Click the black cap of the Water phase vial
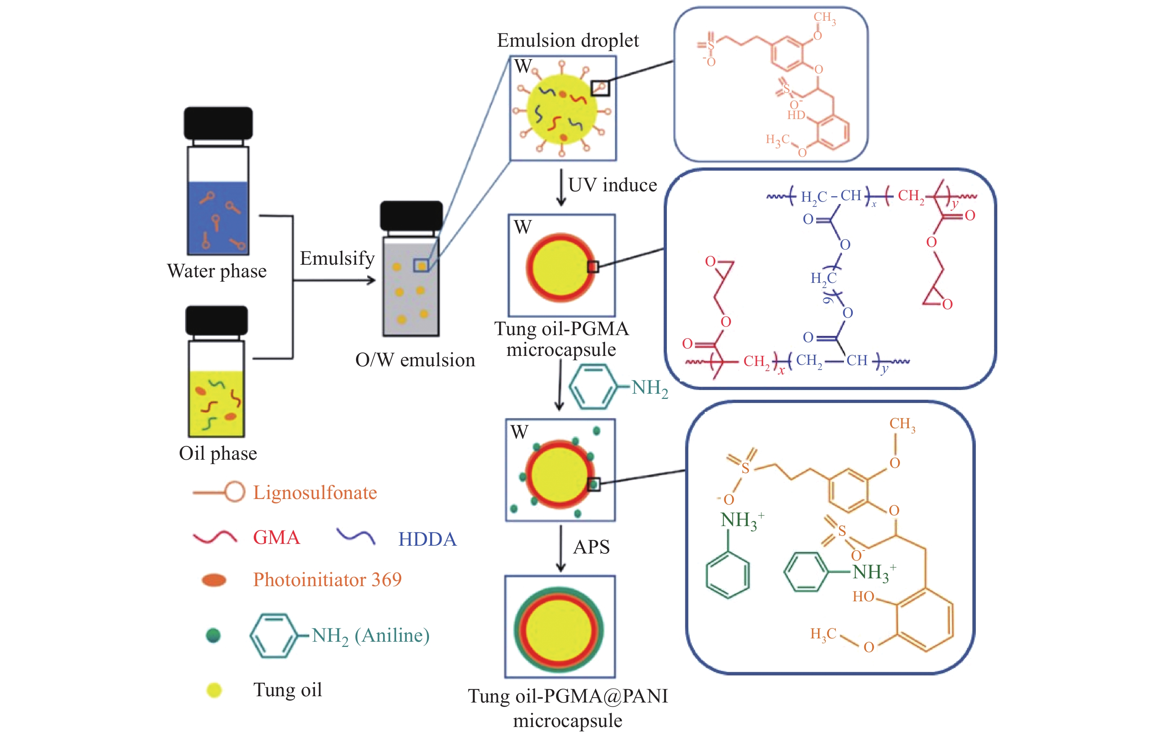point(218,123)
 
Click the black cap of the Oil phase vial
point(217,320)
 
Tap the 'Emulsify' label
point(337,258)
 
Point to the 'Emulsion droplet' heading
point(568,41)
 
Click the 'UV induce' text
point(612,185)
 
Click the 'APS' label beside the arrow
point(591,547)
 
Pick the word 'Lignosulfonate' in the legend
point(315,493)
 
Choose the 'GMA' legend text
point(276,538)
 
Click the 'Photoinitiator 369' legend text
point(327,580)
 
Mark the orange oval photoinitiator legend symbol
point(214,580)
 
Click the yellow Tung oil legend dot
point(214,690)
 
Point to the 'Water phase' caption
point(217,271)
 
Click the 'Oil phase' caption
point(217,453)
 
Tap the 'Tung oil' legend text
point(287,690)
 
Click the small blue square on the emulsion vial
point(420,265)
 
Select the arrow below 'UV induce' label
point(561,188)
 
